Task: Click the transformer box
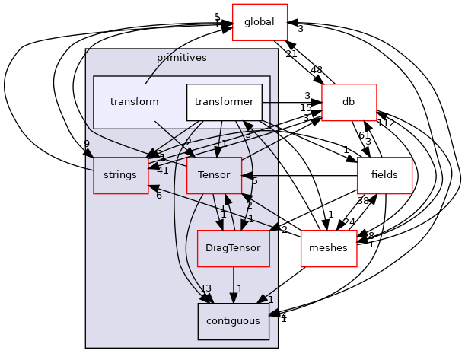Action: pyautogui.click(x=224, y=102)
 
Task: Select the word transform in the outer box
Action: pyautogui.click(x=134, y=102)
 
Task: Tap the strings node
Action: pyautogui.click(x=120, y=175)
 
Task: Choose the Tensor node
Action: pyautogui.click(x=214, y=175)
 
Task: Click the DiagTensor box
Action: pyautogui.click(x=233, y=248)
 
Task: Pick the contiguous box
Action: pyautogui.click(x=233, y=321)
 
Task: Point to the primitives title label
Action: pyautogui.click(x=181, y=58)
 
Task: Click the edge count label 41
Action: pyautogui.click(x=162, y=170)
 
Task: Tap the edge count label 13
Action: pyautogui.click(x=205, y=288)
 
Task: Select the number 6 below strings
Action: pyautogui.click(x=158, y=196)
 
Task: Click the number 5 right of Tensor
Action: pyautogui.click(x=254, y=181)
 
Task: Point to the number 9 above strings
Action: pyautogui.click(x=88, y=144)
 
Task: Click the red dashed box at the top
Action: pyautogui.click(x=260, y=21)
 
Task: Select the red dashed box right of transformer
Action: pyautogui.click(x=349, y=103)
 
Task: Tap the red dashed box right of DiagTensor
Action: pyautogui.click(x=329, y=248)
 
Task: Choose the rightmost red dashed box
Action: pyautogui.click(x=384, y=175)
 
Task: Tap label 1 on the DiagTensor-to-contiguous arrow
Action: pyautogui.click(x=239, y=289)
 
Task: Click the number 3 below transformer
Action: pyautogui.click(x=247, y=135)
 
